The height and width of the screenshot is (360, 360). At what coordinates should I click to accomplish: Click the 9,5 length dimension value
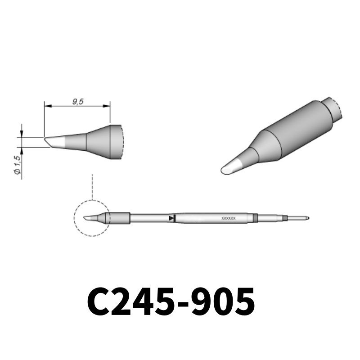[x=77, y=102]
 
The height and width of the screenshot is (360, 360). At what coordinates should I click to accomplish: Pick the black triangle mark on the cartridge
[x=171, y=218]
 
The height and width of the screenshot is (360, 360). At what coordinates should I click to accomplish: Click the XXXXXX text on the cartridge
[x=229, y=218]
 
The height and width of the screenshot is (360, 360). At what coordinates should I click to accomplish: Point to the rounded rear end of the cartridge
[x=307, y=218]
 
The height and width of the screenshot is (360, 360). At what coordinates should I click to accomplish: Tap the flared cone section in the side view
[x=98, y=141]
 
